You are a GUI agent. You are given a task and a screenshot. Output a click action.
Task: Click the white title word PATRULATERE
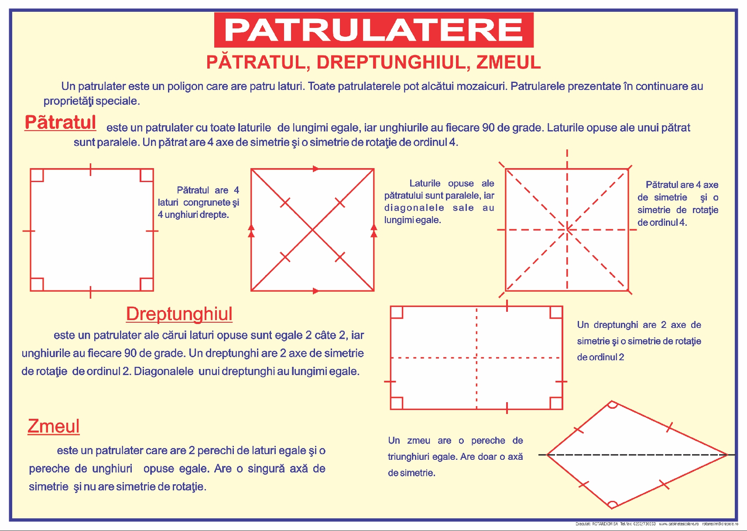[x=373, y=30]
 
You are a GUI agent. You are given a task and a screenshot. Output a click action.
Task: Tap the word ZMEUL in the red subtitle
[x=508, y=62]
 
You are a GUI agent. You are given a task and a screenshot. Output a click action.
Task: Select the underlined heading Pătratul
[x=60, y=122]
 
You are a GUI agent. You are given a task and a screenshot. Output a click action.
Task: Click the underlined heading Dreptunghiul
[x=179, y=314]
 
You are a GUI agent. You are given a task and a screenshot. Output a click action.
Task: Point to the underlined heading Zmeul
[x=53, y=426]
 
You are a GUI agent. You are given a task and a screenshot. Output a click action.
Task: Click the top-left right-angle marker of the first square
[x=37, y=175]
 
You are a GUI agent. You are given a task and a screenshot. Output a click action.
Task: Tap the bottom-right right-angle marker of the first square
[x=147, y=284]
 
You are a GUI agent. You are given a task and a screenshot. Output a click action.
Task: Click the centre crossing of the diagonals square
[x=312, y=230]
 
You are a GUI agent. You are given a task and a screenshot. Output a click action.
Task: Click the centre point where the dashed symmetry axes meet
[x=567, y=229]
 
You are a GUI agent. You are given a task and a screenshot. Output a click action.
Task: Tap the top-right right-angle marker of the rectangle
[x=556, y=313]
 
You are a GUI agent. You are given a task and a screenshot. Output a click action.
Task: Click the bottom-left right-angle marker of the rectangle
[x=397, y=403]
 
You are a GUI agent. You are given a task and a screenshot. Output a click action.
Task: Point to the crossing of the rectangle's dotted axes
[x=476, y=358]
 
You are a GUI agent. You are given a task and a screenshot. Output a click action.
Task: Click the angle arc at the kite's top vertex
[x=612, y=404]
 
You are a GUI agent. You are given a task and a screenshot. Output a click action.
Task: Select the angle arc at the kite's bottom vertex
[x=612, y=505]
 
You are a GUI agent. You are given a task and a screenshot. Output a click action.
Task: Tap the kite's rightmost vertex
[x=727, y=455]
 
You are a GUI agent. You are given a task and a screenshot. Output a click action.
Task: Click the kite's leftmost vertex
[x=547, y=455]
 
